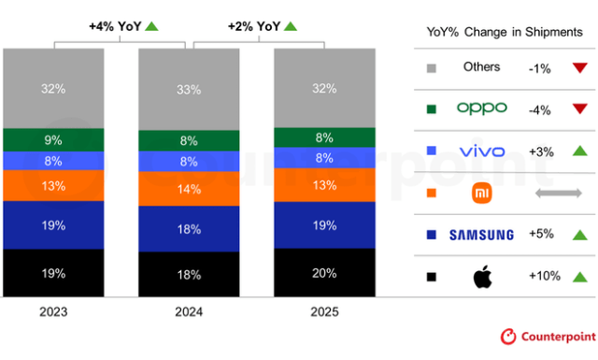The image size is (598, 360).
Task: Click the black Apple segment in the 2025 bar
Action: (x=325, y=272)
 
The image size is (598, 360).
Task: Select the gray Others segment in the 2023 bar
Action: (x=53, y=89)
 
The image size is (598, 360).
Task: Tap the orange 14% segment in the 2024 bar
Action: (x=189, y=188)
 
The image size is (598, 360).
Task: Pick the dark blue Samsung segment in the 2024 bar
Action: (x=189, y=229)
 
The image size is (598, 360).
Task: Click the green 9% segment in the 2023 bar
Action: (x=53, y=140)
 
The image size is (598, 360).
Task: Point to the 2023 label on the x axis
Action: (x=53, y=311)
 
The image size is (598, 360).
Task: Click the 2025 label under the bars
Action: (x=324, y=311)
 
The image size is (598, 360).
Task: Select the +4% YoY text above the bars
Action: (x=115, y=26)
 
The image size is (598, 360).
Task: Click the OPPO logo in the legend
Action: (x=481, y=108)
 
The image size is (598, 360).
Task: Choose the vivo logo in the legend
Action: (x=481, y=151)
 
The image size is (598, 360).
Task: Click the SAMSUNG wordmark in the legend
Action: (x=481, y=235)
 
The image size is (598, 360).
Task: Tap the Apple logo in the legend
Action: (x=482, y=277)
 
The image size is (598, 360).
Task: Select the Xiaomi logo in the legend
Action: (x=482, y=193)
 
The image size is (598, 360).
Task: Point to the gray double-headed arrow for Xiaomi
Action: (x=558, y=193)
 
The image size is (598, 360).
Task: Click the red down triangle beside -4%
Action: (x=578, y=108)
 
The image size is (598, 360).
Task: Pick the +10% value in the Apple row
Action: (x=543, y=277)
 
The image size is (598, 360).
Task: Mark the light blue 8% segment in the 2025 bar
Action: (x=325, y=158)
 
